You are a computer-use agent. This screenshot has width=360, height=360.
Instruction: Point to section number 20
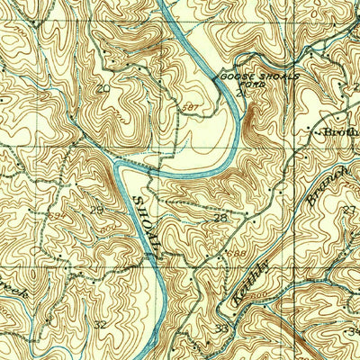click(104, 88)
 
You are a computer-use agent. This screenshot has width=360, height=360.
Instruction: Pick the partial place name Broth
click(344, 132)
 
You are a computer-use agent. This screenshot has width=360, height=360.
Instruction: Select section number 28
click(219, 218)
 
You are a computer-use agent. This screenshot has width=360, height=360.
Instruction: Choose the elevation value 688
click(236, 255)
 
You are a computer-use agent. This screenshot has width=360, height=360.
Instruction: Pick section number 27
click(349, 210)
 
